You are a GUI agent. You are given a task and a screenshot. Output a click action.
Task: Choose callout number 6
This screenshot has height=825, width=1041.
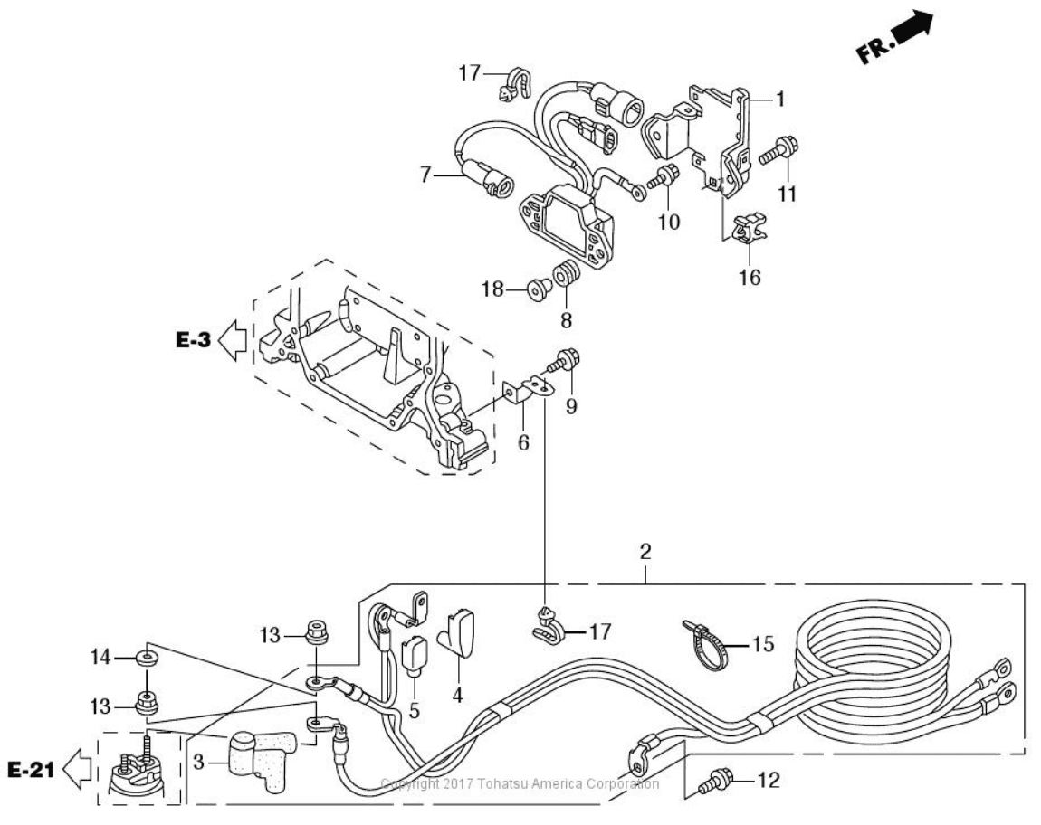pyautogui.click(x=523, y=444)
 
